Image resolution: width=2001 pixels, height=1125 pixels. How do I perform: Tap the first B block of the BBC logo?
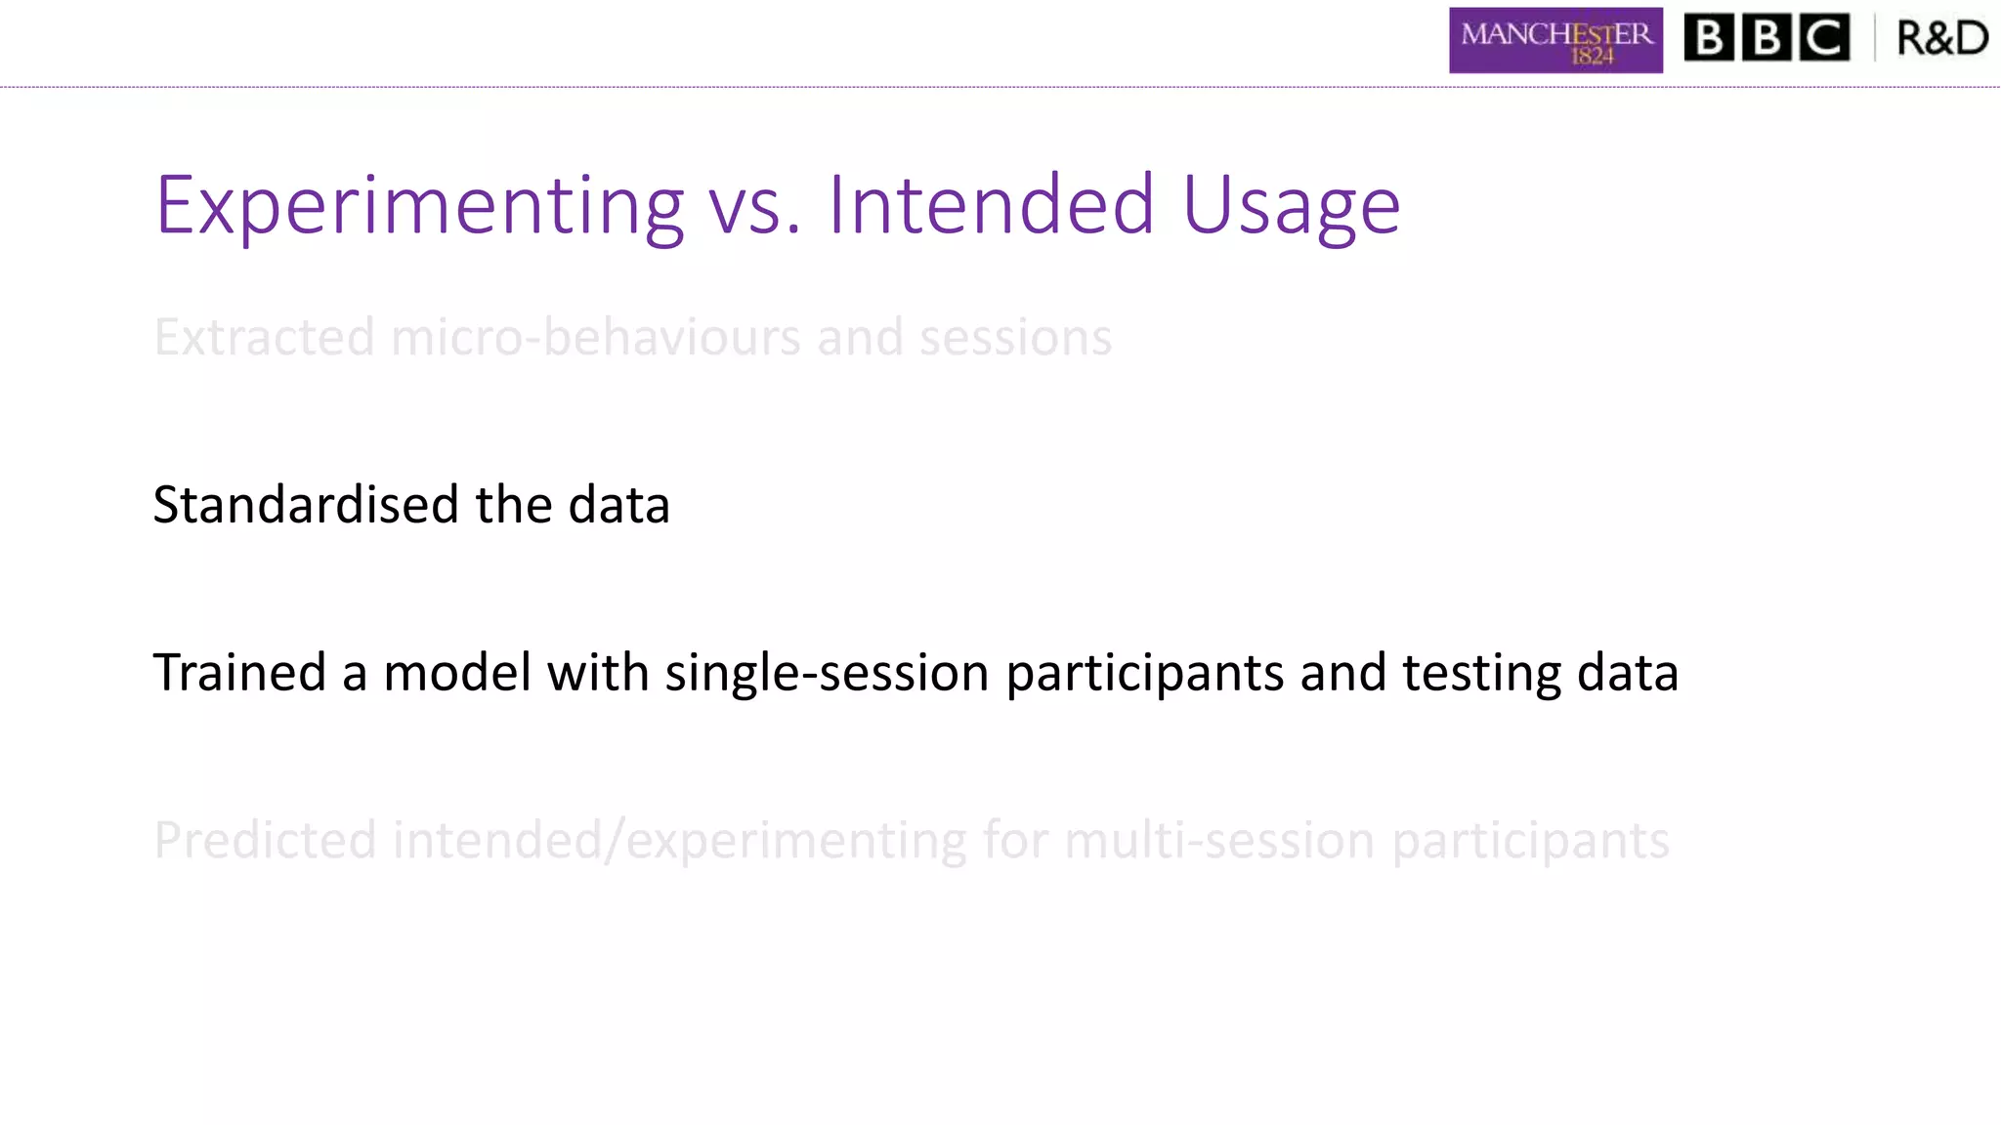coord(1709,38)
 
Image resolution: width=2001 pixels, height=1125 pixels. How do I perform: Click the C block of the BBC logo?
coord(1823,38)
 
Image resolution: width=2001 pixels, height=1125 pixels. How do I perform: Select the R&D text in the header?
coord(1941,38)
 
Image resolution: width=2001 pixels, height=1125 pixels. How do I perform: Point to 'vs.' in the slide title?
coord(754,207)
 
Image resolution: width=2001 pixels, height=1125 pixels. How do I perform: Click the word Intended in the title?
coord(992,205)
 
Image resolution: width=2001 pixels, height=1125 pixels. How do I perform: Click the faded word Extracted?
coord(264,337)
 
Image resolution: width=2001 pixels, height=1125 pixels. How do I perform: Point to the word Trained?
coord(239,673)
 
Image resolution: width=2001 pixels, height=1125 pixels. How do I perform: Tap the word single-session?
coord(827,675)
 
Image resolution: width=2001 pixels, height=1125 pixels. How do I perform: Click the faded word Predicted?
coord(265,841)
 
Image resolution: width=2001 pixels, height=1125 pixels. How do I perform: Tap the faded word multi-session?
coord(1219,841)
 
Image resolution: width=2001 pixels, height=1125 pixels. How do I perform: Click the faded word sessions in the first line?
coord(1015,338)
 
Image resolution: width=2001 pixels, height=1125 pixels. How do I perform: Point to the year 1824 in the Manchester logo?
coord(1592,57)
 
